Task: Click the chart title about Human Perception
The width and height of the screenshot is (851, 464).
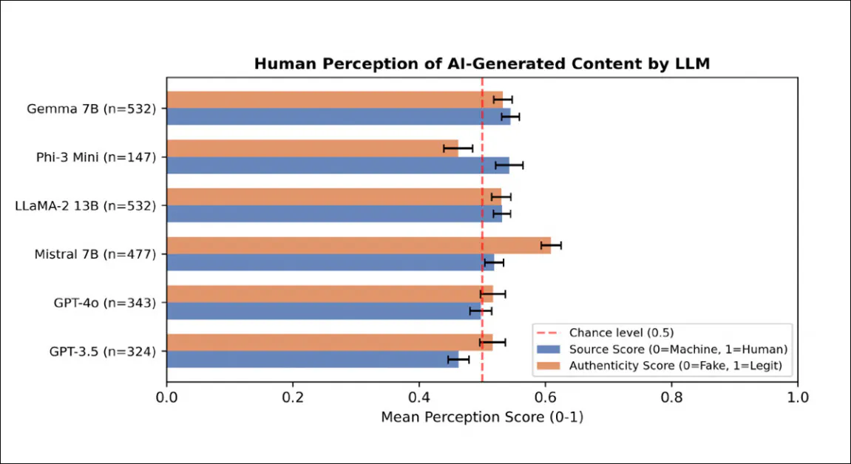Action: coord(481,64)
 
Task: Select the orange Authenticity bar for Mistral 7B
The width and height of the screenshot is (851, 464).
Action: coord(359,245)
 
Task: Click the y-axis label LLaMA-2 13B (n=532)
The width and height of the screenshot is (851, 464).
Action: coord(86,205)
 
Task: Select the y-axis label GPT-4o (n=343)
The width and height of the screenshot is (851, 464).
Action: coord(104,302)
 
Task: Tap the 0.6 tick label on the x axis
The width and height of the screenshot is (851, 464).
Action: coord(545,397)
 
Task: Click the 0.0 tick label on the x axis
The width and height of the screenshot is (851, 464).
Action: coord(167,397)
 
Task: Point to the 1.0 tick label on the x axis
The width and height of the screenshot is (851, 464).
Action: coord(797,397)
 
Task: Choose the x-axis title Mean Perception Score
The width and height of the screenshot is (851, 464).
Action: coord(482,417)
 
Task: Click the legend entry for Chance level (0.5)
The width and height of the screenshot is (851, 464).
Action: coord(621,333)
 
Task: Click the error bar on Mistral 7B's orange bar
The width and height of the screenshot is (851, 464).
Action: coord(551,245)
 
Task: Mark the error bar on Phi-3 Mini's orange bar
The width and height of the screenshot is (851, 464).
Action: coord(458,149)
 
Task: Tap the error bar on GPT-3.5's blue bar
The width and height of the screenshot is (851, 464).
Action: coord(458,359)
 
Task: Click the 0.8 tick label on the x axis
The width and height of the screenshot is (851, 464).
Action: coord(671,397)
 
